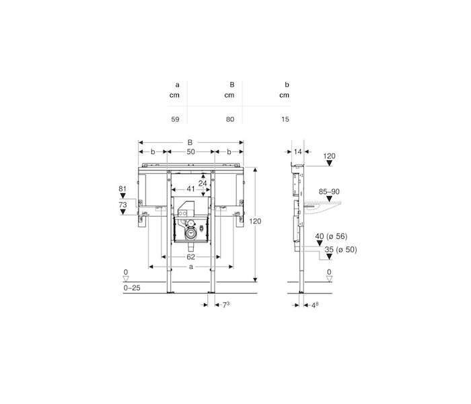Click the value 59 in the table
[175, 119]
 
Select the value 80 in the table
[230, 119]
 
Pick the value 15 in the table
[285, 119]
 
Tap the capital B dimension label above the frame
[190, 143]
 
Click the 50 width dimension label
[190, 151]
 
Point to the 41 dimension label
[190, 189]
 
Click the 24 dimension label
[203, 183]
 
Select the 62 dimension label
[190, 257]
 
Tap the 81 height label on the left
[122, 189]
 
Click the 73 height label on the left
[122, 205]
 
